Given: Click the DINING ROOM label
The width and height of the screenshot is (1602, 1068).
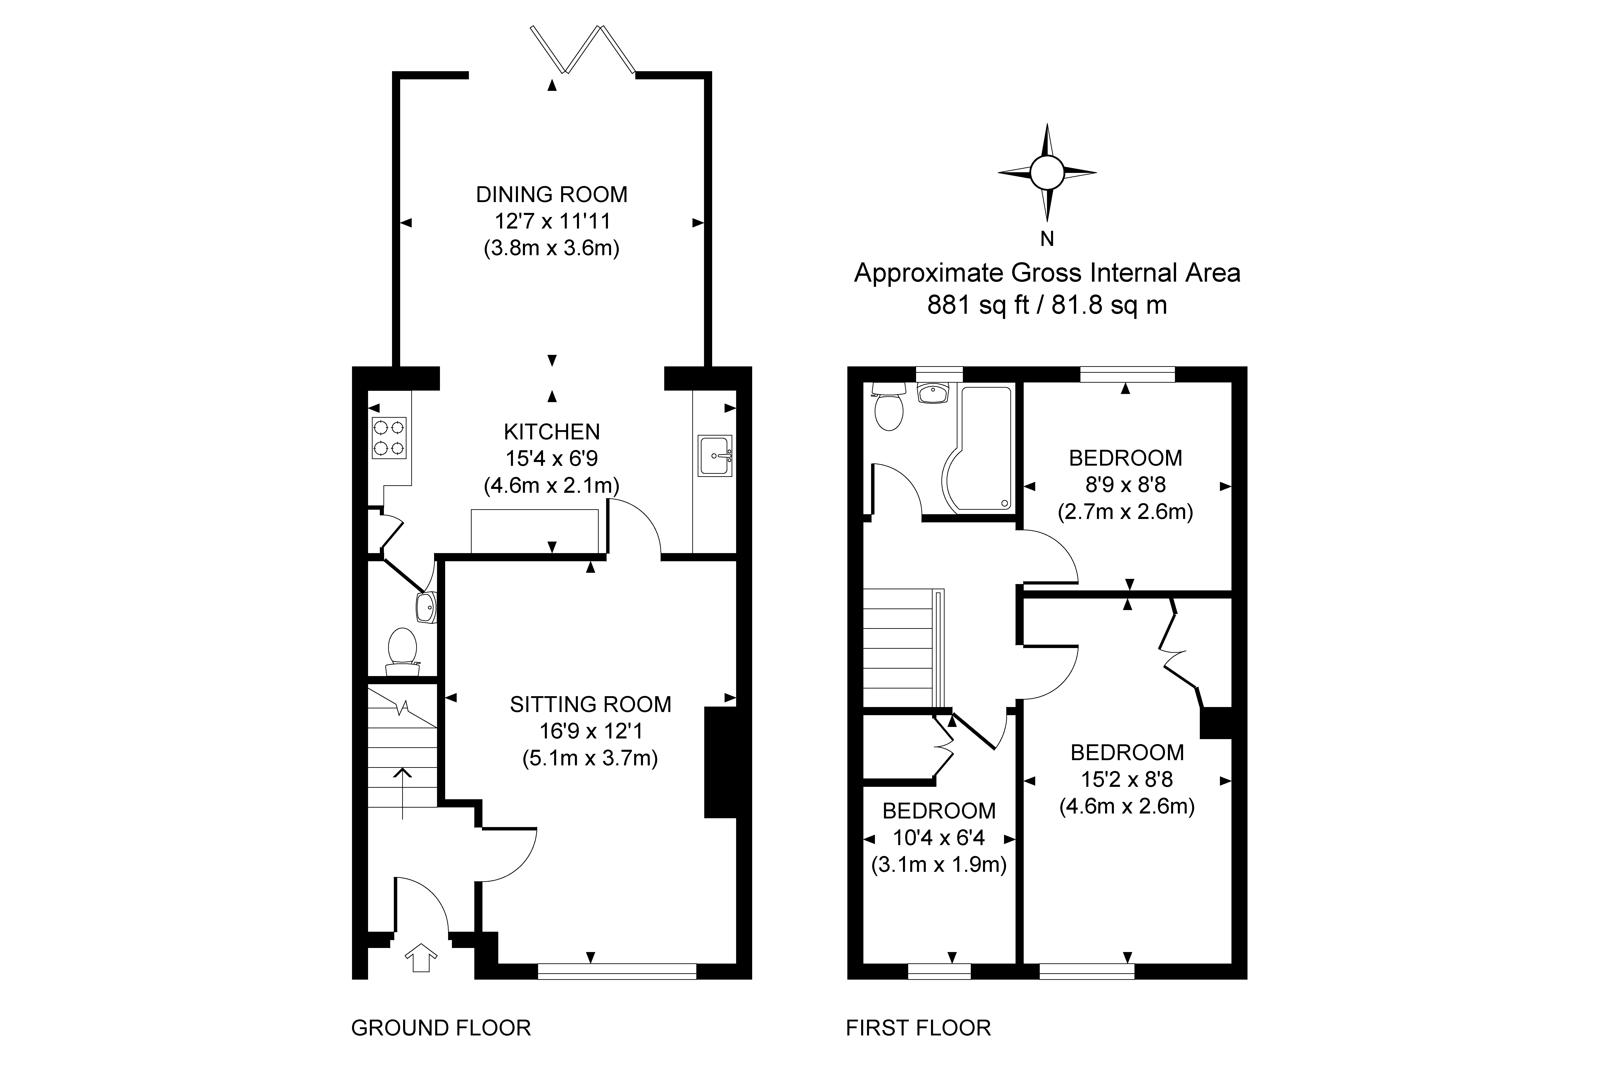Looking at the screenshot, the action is pyautogui.click(x=552, y=195).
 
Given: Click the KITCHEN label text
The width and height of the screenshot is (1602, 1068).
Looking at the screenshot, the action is pyautogui.click(x=552, y=432).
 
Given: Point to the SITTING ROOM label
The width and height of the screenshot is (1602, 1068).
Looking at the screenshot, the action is pyautogui.click(x=591, y=704).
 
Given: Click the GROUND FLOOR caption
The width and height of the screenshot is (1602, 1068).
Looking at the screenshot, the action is pyautogui.click(x=441, y=1028).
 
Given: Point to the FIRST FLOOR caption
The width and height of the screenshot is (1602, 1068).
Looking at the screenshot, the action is pyautogui.click(x=918, y=1028).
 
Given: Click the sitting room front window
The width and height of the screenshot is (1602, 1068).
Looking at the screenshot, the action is pyautogui.click(x=617, y=971).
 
